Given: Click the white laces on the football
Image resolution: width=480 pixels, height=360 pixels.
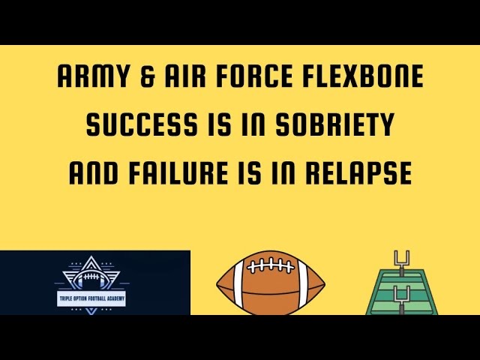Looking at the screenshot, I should pos(271,265).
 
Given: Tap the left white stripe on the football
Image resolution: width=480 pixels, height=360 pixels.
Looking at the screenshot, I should pos(238,284).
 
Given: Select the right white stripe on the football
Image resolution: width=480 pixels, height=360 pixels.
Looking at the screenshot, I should pos(304,284).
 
